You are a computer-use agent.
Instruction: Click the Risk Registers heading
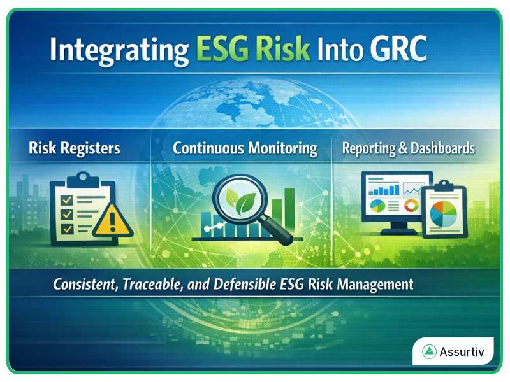pos(75,149)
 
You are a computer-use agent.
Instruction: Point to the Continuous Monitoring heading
pos(245,149)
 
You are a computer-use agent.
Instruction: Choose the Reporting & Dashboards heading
pos(409,149)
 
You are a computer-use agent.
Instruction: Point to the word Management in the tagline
pos(379,285)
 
